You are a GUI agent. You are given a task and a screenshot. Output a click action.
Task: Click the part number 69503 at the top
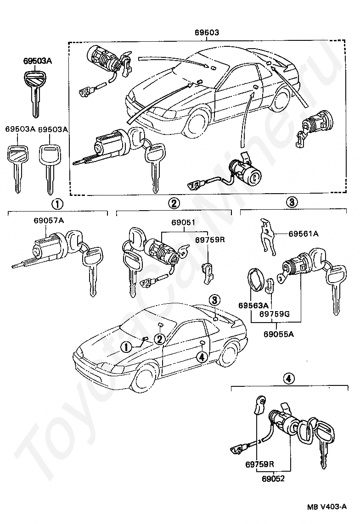pyautogui.click(x=207, y=33)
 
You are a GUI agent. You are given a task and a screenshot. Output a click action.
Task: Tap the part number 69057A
pyautogui.click(x=48, y=221)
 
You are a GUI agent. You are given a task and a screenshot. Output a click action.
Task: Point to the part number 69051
pyautogui.click(x=184, y=223)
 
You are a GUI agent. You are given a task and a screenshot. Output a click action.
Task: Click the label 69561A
pyautogui.click(x=304, y=234)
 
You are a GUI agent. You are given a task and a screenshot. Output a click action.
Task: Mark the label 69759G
pyautogui.click(x=275, y=314)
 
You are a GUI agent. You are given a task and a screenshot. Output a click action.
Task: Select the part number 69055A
pyautogui.click(x=279, y=334)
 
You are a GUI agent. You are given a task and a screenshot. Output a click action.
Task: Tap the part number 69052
pyautogui.click(x=274, y=479)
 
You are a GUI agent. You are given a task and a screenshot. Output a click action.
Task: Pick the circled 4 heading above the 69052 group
pyautogui.click(x=288, y=379)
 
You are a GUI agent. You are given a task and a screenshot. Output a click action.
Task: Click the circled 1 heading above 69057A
pyautogui.click(x=57, y=204)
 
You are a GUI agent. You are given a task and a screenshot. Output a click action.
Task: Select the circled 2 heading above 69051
pyautogui.click(x=174, y=203)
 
